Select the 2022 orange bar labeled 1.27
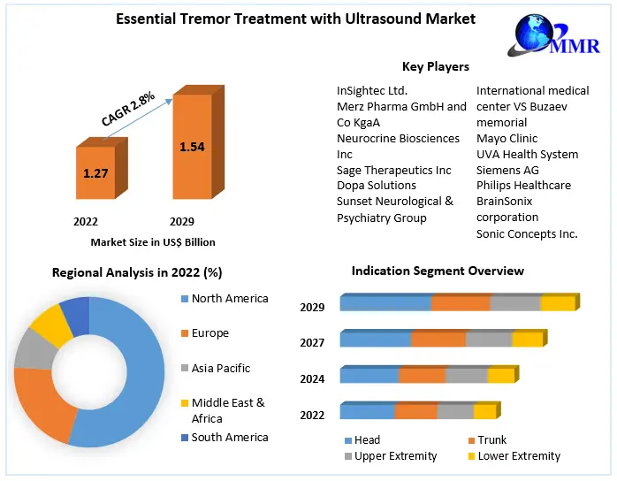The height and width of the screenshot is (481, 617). pos(95,174)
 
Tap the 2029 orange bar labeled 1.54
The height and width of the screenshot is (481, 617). pos(192,148)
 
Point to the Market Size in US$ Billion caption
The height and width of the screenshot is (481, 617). pos(152,241)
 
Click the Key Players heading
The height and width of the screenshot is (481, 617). pos(435,66)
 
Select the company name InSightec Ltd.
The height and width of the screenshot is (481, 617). pos(372,90)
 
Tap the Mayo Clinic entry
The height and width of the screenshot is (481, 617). pos(507,138)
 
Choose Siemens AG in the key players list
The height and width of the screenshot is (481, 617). pos(507,170)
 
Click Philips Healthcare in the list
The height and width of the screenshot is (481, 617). pos(523,186)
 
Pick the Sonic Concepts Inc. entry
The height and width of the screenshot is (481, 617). pos(526,233)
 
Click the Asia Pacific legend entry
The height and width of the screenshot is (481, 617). pos(220,368)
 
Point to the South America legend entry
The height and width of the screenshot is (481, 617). pos(229,437)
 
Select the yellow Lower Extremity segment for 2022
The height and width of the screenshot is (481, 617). pos(484,412)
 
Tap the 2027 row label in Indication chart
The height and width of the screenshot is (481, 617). pos(312,342)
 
